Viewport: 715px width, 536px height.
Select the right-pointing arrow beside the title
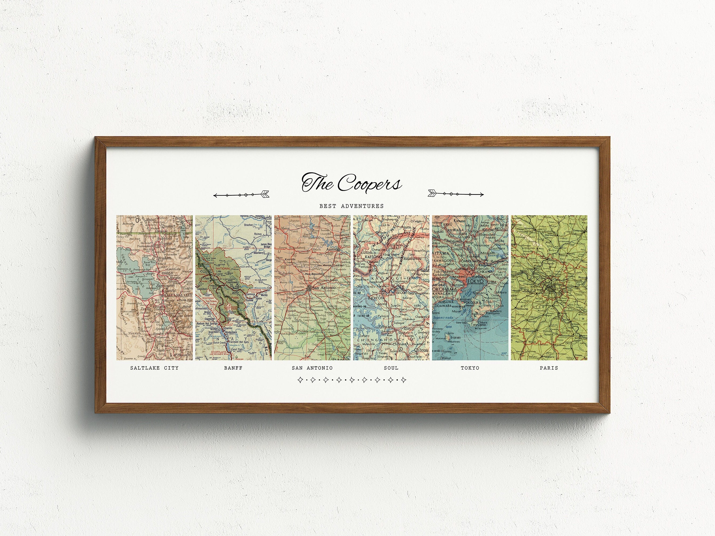(x=455, y=194)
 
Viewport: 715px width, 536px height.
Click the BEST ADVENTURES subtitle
(x=351, y=206)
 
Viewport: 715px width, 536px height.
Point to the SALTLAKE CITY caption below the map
(x=154, y=368)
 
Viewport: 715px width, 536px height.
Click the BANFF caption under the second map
(x=233, y=368)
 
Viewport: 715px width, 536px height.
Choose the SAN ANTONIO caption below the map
(x=312, y=368)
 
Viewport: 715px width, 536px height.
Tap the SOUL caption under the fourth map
(x=391, y=368)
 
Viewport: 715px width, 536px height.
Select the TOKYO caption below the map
(x=470, y=368)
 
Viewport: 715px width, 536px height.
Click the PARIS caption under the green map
(x=549, y=368)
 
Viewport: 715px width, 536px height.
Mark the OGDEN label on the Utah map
(x=164, y=272)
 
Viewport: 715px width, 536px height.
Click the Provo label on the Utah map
(x=178, y=322)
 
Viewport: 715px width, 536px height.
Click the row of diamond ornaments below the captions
(x=351, y=380)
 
